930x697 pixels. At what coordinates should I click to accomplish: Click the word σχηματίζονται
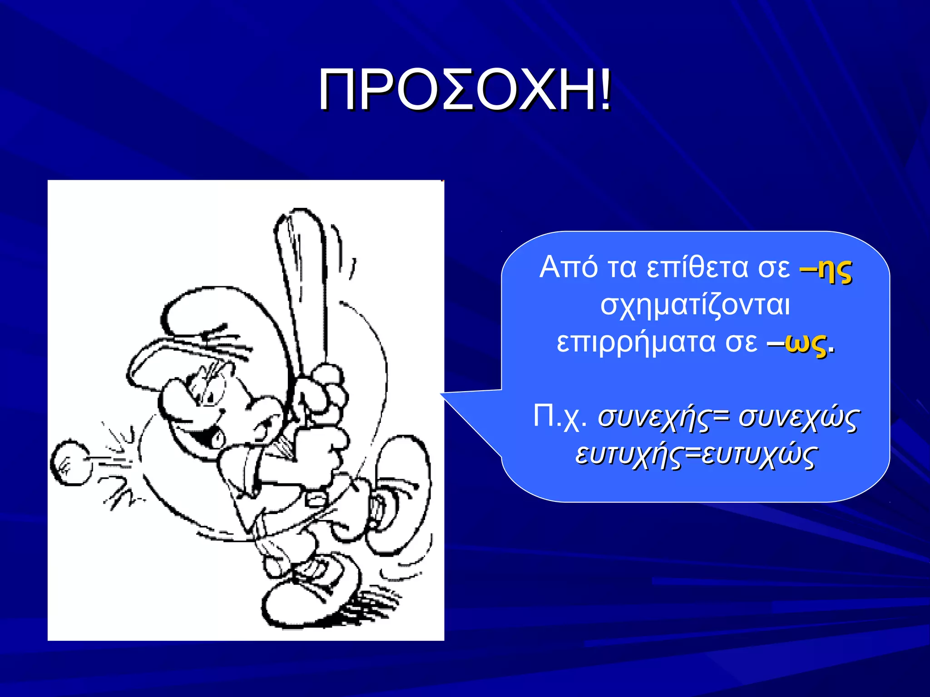pos(695,305)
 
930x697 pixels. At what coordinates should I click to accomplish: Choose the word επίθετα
pos(697,267)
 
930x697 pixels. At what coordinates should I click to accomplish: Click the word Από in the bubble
pos(568,267)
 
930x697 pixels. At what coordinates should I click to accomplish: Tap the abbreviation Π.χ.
pos(559,416)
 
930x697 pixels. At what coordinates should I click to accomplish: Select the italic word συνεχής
pos(654,417)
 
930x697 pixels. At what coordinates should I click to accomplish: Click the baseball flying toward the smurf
pos(70,462)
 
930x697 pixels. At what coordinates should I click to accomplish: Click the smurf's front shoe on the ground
pos(309,599)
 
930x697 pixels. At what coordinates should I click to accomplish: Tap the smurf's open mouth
pos(207,436)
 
